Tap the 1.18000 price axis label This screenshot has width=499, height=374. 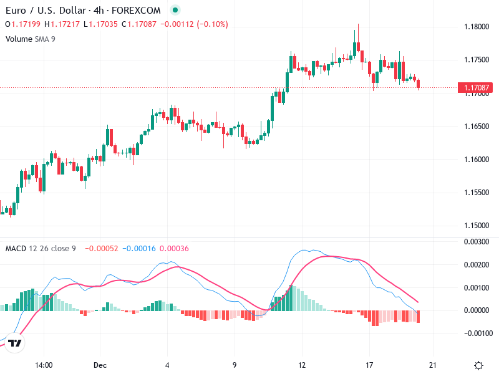pyautogui.click(x=477, y=27)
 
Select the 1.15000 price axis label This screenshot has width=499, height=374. pyautogui.click(x=477, y=225)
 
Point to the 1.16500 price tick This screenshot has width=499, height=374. pyautogui.click(x=477, y=126)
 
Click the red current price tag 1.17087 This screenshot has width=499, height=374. pyautogui.click(x=476, y=88)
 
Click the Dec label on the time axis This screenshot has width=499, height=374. pyautogui.click(x=100, y=365)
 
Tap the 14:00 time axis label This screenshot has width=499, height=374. pyautogui.click(x=43, y=365)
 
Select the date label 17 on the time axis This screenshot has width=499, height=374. pyautogui.click(x=369, y=365)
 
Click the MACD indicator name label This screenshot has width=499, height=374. pyautogui.click(x=16, y=249)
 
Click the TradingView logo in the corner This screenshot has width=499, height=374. pyautogui.click(x=16, y=343)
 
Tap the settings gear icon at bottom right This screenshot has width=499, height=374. pyautogui.click(x=478, y=365)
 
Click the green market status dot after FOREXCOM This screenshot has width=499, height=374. pyautogui.click(x=175, y=11)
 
